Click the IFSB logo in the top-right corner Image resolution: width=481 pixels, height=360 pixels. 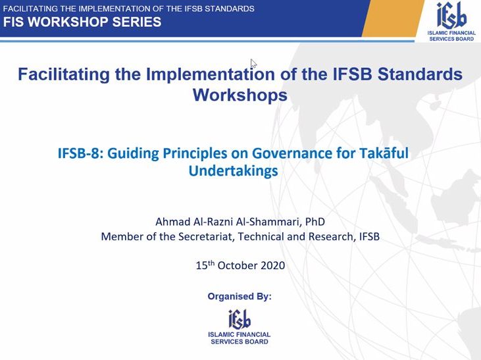[x=451, y=20]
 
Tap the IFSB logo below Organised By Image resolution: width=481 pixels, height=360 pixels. [x=240, y=326]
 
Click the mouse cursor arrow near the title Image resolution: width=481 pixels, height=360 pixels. [x=253, y=64]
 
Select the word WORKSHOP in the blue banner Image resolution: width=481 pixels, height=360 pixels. [x=68, y=22]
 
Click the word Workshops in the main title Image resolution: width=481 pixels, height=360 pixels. [x=240, y=95]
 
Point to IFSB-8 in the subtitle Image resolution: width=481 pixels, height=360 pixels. [x=78, y=153]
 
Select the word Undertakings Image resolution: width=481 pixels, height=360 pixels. [x=233, y=171]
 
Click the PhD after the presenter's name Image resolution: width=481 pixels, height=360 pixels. [x=315, y=222]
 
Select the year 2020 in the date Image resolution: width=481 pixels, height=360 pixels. [x=272, y=265]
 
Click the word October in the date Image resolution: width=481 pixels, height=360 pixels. [x=238, y=265]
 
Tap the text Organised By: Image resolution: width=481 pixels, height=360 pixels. [x=240, y=296]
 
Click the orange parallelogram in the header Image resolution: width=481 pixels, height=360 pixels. [x=393, y=18]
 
